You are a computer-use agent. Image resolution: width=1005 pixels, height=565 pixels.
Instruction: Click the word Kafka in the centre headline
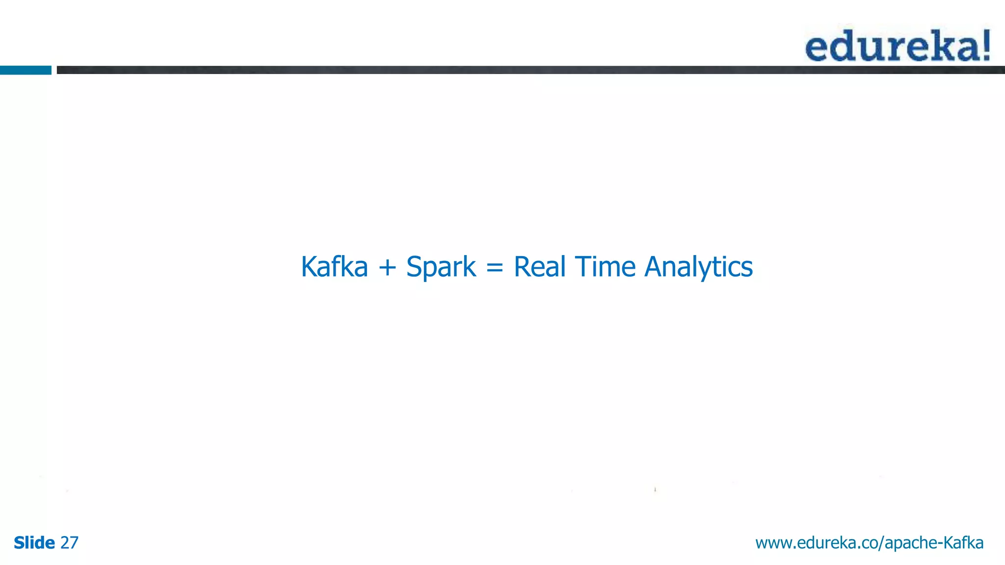(334, 267)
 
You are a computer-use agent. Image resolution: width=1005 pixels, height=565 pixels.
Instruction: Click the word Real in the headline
(540, 267)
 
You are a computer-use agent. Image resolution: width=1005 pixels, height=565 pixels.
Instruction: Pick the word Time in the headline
(605, 267)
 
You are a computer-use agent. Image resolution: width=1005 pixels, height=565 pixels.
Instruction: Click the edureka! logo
(898, 46)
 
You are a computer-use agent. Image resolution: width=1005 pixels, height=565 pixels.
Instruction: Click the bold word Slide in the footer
(34, 543)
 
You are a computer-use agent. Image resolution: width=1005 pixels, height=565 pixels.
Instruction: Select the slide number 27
(69, 543)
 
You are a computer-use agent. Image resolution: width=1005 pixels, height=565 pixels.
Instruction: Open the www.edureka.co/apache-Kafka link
(869, 543)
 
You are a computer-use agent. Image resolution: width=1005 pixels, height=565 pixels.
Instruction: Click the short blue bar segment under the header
(26, 70)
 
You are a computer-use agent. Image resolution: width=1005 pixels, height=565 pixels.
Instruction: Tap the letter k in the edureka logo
(941, 46)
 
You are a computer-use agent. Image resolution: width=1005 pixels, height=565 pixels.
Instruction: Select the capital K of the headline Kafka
(310, 267)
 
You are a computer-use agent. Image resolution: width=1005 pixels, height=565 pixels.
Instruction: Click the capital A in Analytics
(654, 267)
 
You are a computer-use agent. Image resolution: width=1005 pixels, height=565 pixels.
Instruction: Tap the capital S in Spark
(414, 267)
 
